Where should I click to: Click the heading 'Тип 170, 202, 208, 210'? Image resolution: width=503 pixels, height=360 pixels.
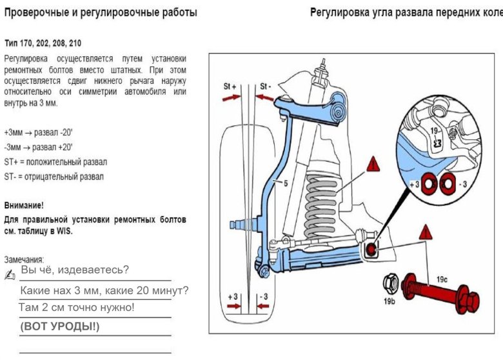click(43, 44)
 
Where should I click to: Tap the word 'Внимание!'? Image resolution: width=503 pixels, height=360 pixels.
click(24, 205)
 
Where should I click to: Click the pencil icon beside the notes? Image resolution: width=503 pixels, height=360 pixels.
click(10, 275)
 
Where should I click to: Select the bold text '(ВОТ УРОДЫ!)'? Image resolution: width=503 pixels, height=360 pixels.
click(60, 326)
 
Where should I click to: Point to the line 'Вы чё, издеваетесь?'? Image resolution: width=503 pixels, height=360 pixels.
click(75, 270)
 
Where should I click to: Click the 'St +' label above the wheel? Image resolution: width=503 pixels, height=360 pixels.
click(230, 86)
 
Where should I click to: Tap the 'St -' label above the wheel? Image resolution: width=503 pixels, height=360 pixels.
click(266, 86)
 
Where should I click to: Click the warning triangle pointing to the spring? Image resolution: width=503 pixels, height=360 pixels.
click(373, 165)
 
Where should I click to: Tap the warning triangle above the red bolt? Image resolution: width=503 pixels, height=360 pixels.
click(424, 233)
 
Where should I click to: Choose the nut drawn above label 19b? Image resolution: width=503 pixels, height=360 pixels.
click(390, 283)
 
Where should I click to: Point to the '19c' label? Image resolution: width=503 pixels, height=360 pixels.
click(442, 279)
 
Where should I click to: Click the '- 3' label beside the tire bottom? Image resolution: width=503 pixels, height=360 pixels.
click(262, 297)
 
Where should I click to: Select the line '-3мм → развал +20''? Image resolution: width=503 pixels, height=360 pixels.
click(38, 147)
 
